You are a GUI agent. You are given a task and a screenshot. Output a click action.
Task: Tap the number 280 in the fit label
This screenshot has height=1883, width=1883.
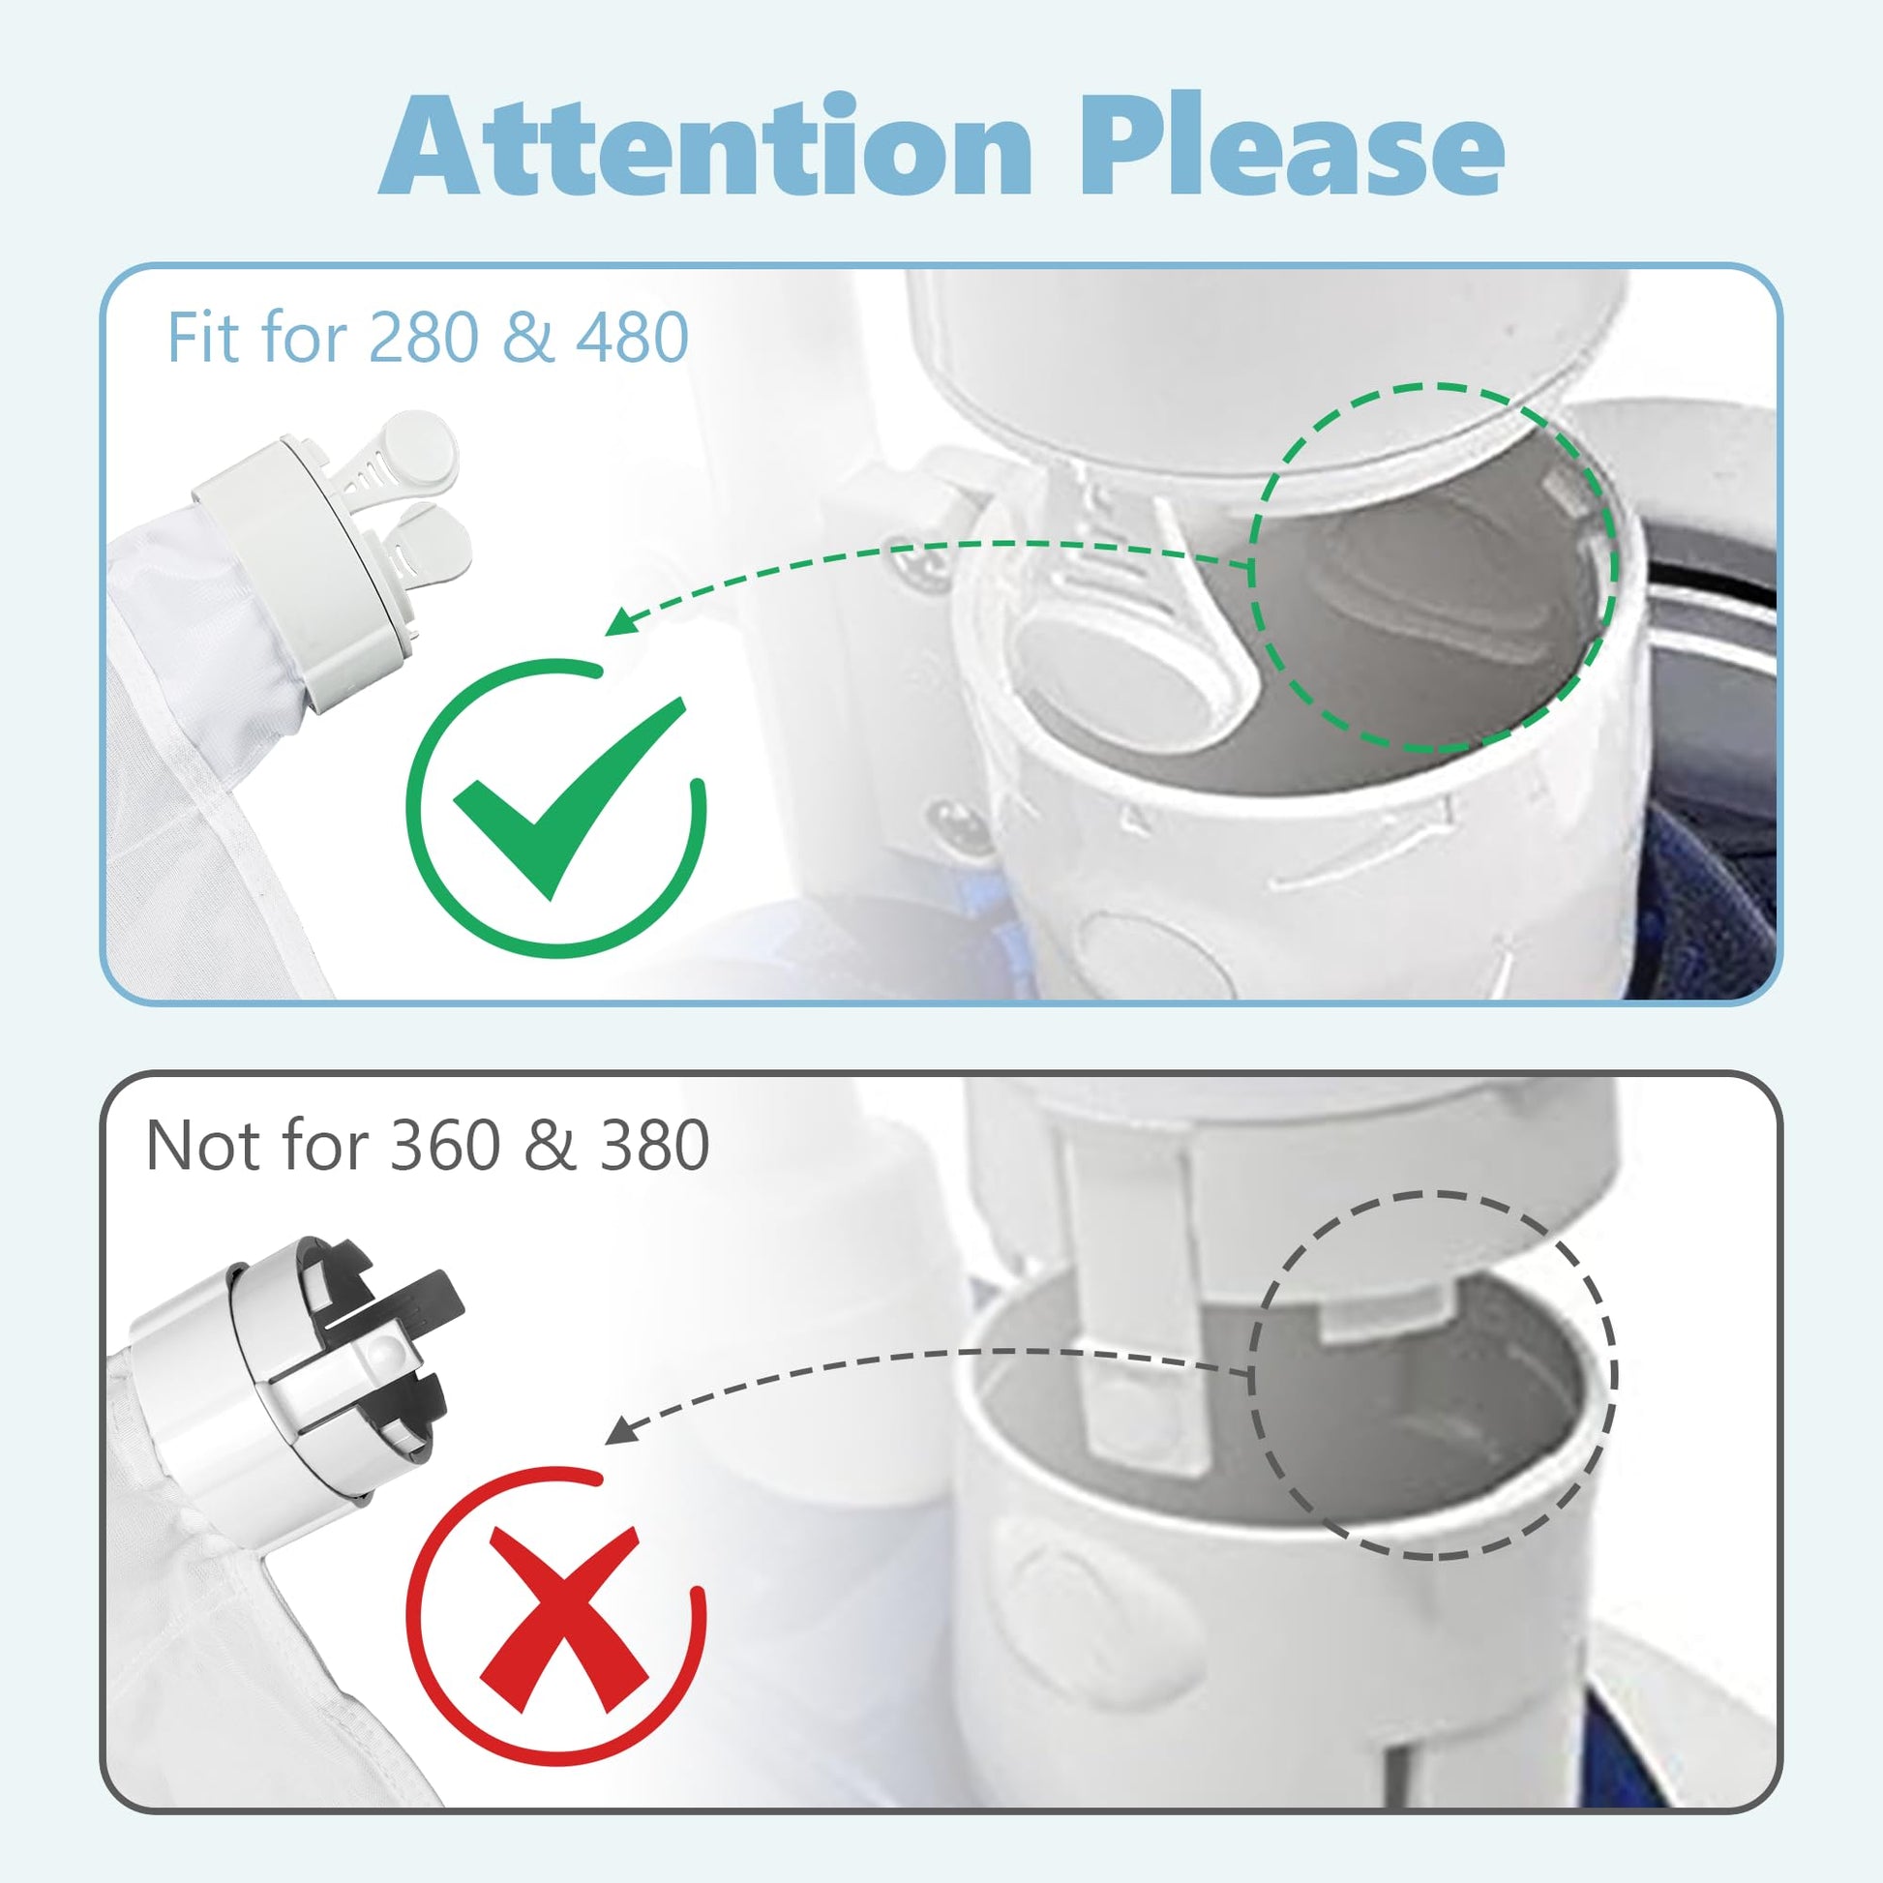[x=427, y=338]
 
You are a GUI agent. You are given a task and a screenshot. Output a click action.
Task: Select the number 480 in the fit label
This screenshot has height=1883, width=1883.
[x=632, y=338]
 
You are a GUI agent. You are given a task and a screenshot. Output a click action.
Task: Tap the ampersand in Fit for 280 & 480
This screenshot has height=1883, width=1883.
[x=529, y=338]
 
